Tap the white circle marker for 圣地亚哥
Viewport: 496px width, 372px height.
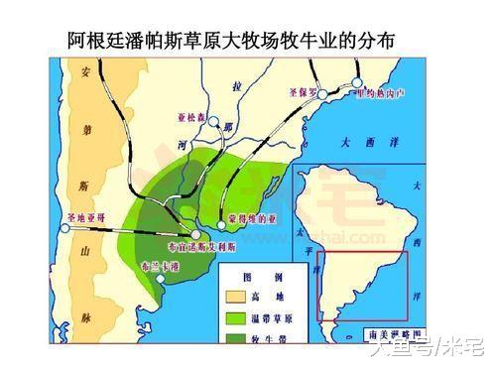coord(66,228)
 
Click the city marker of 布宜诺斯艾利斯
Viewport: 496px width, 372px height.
coord(195,234)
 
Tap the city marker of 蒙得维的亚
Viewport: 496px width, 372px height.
coord(222,225)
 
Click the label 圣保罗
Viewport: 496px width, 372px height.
coord(303,92)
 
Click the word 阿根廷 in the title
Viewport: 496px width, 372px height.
coord(99,41)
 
